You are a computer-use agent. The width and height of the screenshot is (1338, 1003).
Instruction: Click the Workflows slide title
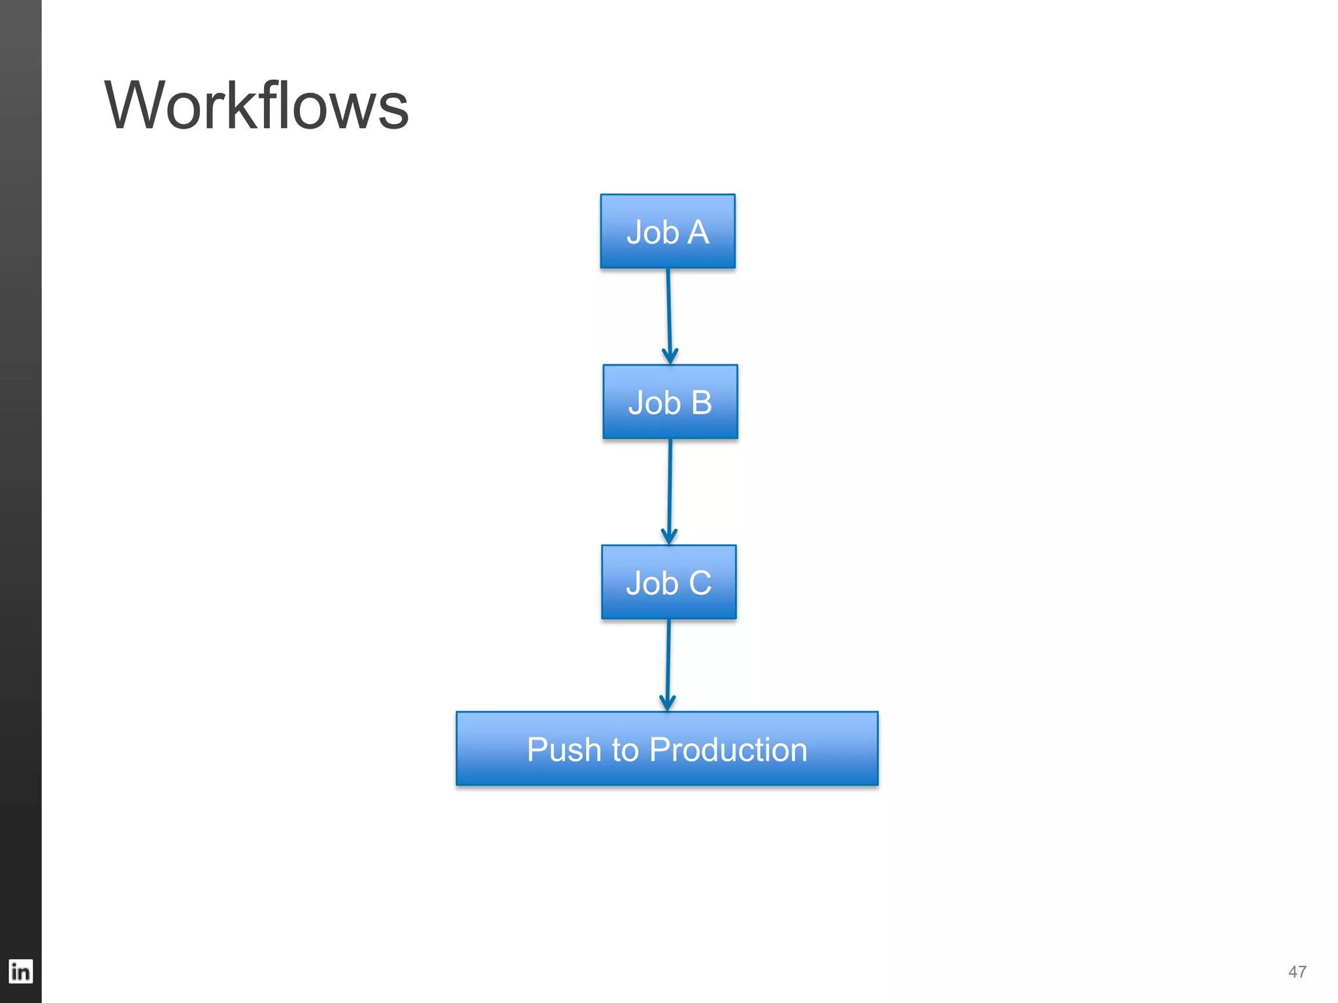point(256,106)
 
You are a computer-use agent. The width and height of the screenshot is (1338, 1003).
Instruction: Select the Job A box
point(667,231)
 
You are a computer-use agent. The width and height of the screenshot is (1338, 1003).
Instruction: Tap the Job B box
point(670,402)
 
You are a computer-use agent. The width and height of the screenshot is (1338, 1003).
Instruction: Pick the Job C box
point(668,582)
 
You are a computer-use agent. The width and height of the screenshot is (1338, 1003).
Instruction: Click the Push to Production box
point(666,748)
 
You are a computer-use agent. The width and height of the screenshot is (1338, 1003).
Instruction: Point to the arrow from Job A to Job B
point(668,313)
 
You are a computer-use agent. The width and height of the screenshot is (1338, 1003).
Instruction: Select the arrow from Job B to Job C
point(670,490)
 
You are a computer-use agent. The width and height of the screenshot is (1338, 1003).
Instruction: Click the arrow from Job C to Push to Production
point(668,663)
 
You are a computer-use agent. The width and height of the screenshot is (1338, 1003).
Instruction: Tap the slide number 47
point(1297,972)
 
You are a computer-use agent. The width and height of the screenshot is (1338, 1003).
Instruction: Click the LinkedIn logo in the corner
point(20,972)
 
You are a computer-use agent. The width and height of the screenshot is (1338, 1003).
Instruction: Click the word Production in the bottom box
point(728,750)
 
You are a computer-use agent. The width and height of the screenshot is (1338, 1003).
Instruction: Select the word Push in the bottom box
point(563,750)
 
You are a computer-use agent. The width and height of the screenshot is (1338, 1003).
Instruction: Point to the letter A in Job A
point(698,232)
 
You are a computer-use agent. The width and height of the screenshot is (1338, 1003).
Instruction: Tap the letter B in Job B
point(701,403)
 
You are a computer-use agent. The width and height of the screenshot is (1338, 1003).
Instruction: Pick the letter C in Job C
point(700,583)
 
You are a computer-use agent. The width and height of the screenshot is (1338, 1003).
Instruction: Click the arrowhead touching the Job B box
point(670,357)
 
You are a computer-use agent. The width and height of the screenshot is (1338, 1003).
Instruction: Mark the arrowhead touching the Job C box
point(669,537)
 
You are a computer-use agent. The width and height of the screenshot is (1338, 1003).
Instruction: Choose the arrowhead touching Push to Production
point(667,703)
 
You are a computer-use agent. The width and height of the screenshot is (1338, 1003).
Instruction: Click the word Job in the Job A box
point(653,232)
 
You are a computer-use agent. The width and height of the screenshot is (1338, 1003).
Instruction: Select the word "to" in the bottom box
point(625,750)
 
